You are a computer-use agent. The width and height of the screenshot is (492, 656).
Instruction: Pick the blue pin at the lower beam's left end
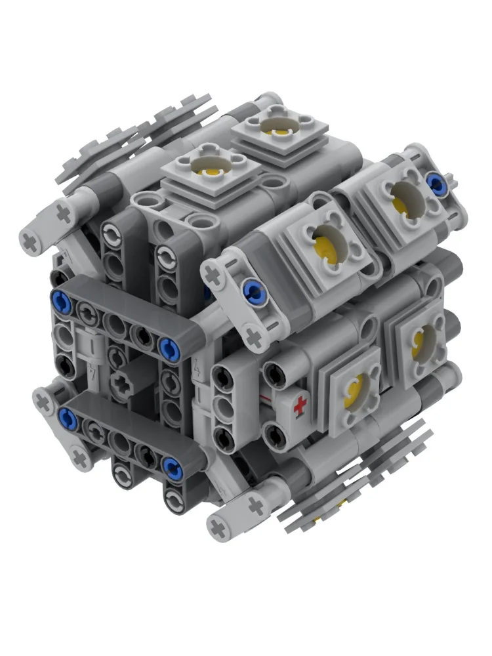pos(65,415)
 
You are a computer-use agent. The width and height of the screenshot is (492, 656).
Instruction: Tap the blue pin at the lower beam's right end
pos(172,466)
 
